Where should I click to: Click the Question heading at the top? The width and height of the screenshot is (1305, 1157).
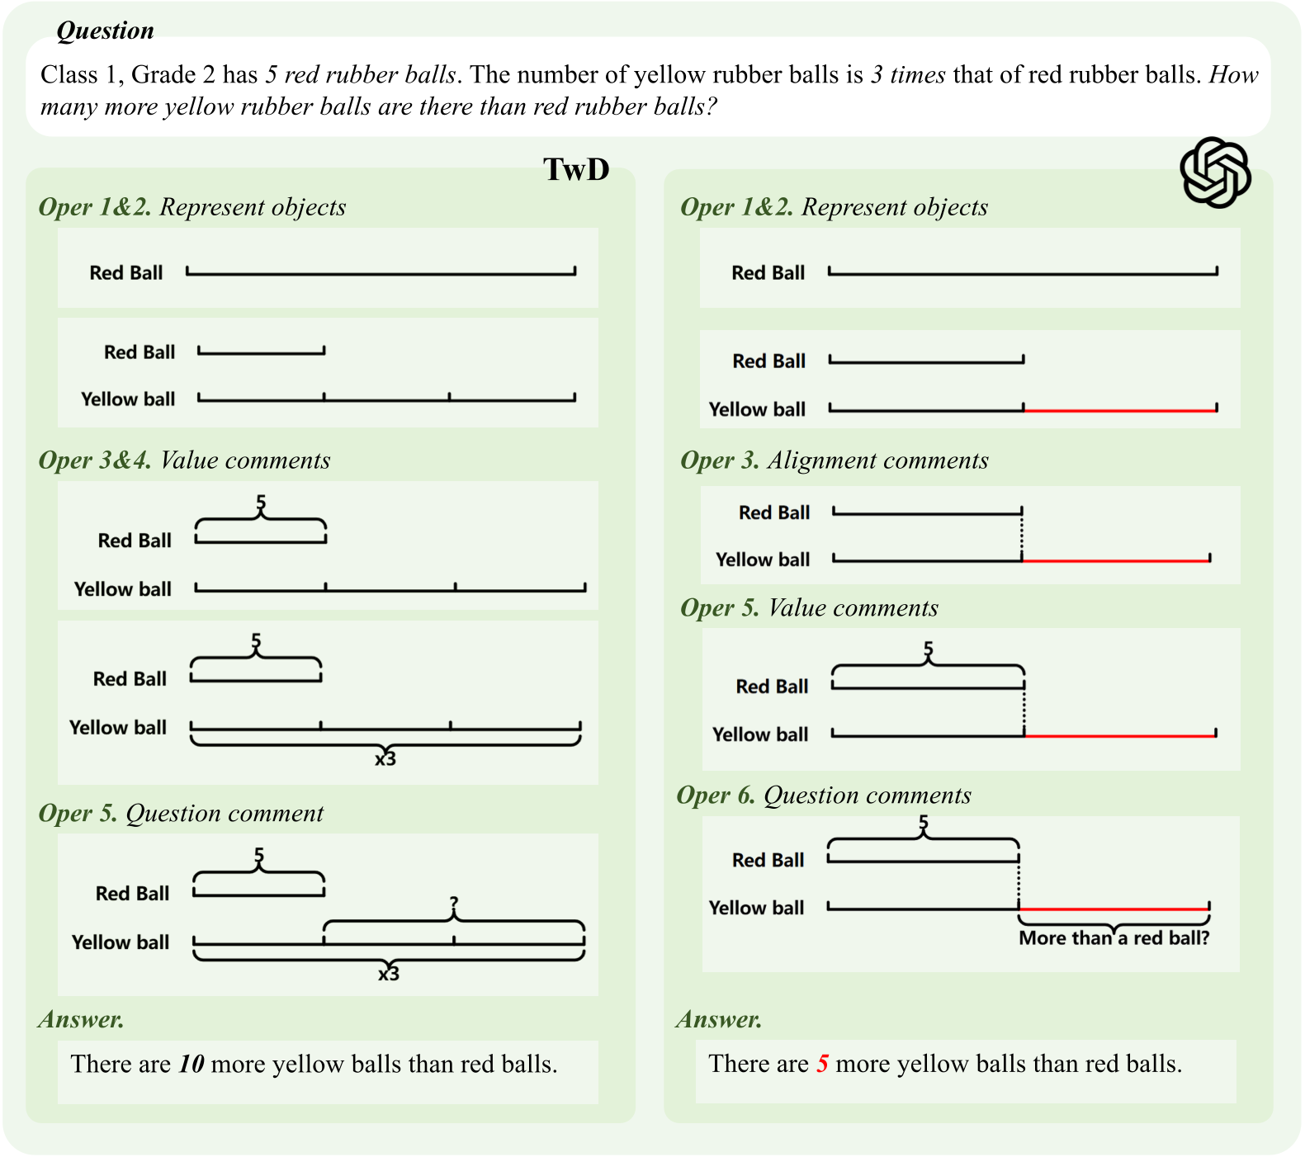pos(105,31)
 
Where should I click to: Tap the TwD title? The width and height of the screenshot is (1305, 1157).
pos(576,169)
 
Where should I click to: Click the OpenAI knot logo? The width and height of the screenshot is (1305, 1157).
pos(1215,172)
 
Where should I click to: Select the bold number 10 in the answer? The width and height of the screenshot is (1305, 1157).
pos(191,1064)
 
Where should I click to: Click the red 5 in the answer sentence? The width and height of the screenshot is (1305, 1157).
pos(822,1064)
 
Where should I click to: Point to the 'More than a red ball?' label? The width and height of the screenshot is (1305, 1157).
pos(1114,938)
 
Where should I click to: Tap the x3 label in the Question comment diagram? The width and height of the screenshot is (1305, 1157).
pos(388,974)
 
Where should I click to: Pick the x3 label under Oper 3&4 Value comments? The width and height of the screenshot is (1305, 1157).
pos(385,758)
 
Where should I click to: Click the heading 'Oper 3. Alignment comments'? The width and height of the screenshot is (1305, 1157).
pos(834,460)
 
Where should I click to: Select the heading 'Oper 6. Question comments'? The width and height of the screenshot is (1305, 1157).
pos(824,796)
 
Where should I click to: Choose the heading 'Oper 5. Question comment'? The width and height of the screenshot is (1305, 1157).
pos(181,814)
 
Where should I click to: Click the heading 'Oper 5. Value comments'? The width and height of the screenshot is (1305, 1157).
pos(809,608)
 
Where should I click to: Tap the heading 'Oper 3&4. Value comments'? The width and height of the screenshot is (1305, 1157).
pos(184,460)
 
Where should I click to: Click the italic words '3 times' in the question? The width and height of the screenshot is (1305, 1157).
pos(908,75)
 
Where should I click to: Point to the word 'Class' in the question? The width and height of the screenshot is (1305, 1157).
pos(69,75)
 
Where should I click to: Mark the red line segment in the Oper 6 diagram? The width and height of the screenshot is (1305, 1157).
pos(1114,909)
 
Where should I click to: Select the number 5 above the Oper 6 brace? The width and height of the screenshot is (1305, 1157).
pos(924,823)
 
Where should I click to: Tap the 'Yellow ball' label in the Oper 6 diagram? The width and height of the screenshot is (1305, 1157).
pos(756,908)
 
